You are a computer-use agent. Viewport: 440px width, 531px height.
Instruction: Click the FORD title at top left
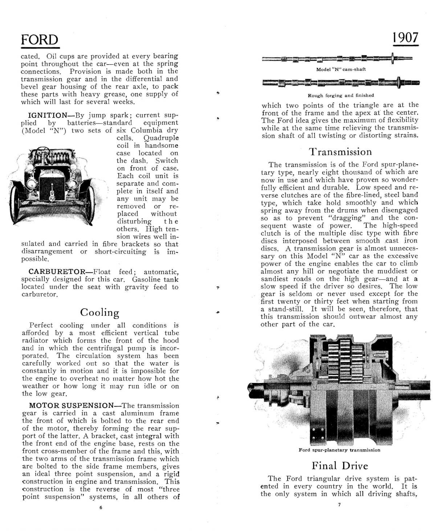(x=39, y=40)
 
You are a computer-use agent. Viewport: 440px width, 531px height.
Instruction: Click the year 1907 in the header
(x=405, y=37)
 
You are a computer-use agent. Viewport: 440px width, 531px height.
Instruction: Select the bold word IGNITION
(x=48, y=115)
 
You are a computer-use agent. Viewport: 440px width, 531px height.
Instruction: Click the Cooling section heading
(x=99, y=312)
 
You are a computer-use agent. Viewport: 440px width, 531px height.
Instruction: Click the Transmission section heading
(x=340, y=152)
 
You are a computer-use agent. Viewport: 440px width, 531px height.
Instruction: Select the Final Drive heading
(x=339, y=466)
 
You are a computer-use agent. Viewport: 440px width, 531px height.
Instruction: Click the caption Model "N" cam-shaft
(x=341, y=69)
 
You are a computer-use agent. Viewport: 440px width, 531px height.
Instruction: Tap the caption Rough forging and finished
(x=341, y=95)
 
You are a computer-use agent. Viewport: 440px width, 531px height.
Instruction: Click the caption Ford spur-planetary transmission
(x=339, y=450)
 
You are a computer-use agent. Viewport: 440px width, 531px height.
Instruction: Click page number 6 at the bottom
(x=101, y=507)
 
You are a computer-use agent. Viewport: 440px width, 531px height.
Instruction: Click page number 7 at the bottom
(x=339, y=505)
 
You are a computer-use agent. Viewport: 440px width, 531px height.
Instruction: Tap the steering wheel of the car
(x=42, y=151)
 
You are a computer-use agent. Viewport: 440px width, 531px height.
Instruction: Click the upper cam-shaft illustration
(x=337, y=58)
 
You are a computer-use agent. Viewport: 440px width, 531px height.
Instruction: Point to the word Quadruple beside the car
(x=161, y=138)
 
